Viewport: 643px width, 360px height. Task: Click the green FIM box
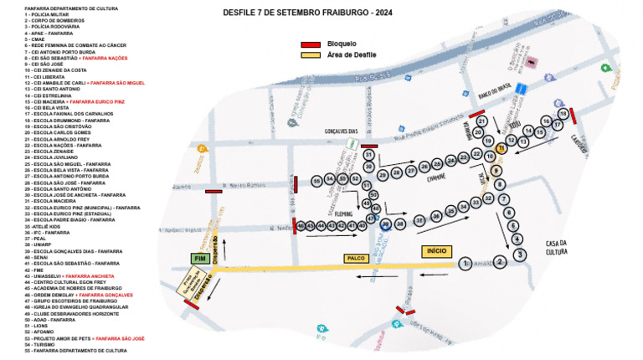(x=198, y=260)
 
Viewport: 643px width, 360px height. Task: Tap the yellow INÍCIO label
(x=436, y=251)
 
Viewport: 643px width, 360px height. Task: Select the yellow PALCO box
(x=358, y=260)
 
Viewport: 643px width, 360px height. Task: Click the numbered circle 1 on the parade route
(x=466, y=265)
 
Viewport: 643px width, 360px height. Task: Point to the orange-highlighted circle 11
(x=501, y=148)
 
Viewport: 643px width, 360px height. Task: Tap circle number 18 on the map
(x=563, y=114)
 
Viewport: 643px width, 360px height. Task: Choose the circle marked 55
(x=316, y=180)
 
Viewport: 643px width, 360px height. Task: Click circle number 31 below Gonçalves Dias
(x=368, y=155)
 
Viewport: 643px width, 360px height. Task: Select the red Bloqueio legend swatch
(x=311, y=44)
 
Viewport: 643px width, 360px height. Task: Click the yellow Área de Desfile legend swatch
(x=311, y=54)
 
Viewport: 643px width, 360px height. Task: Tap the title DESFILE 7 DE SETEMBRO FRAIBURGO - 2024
(x=309, y=13)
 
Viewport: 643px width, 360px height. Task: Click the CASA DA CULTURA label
(x=557, y=247)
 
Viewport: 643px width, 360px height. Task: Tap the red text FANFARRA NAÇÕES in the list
(x=105, y=58)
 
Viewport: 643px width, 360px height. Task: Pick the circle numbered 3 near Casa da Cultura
(x=519, y=255)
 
